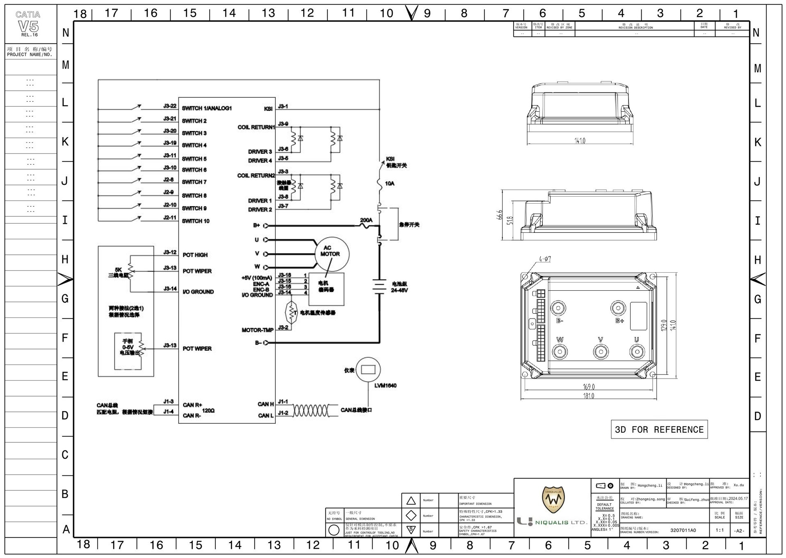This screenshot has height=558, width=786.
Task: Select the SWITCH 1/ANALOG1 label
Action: point(207,108)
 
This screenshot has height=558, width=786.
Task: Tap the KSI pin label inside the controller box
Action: point(268,109)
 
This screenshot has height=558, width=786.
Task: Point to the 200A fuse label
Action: point(366,220)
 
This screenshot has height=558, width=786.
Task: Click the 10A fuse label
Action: point(389,184)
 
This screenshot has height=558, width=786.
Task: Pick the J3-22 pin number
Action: point(169,106)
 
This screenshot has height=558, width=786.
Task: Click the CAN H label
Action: point(265,404)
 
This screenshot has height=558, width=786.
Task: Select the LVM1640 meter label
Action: point(385,386)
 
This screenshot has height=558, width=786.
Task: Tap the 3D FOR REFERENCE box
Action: point(659,429)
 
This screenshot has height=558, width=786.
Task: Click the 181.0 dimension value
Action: point(588,396)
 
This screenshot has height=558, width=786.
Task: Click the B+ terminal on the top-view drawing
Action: point(618,308)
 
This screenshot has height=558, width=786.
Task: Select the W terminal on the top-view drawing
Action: point(560,351)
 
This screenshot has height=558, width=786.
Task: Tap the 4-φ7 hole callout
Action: point(545,259)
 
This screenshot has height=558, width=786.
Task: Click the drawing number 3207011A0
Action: point(683,530)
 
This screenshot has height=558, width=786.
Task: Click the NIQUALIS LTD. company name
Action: point(561,523)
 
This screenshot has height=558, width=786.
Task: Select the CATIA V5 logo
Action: point(28,24)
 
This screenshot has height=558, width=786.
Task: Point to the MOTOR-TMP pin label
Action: point(257,330)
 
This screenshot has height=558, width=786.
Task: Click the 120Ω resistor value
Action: point(208,410)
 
